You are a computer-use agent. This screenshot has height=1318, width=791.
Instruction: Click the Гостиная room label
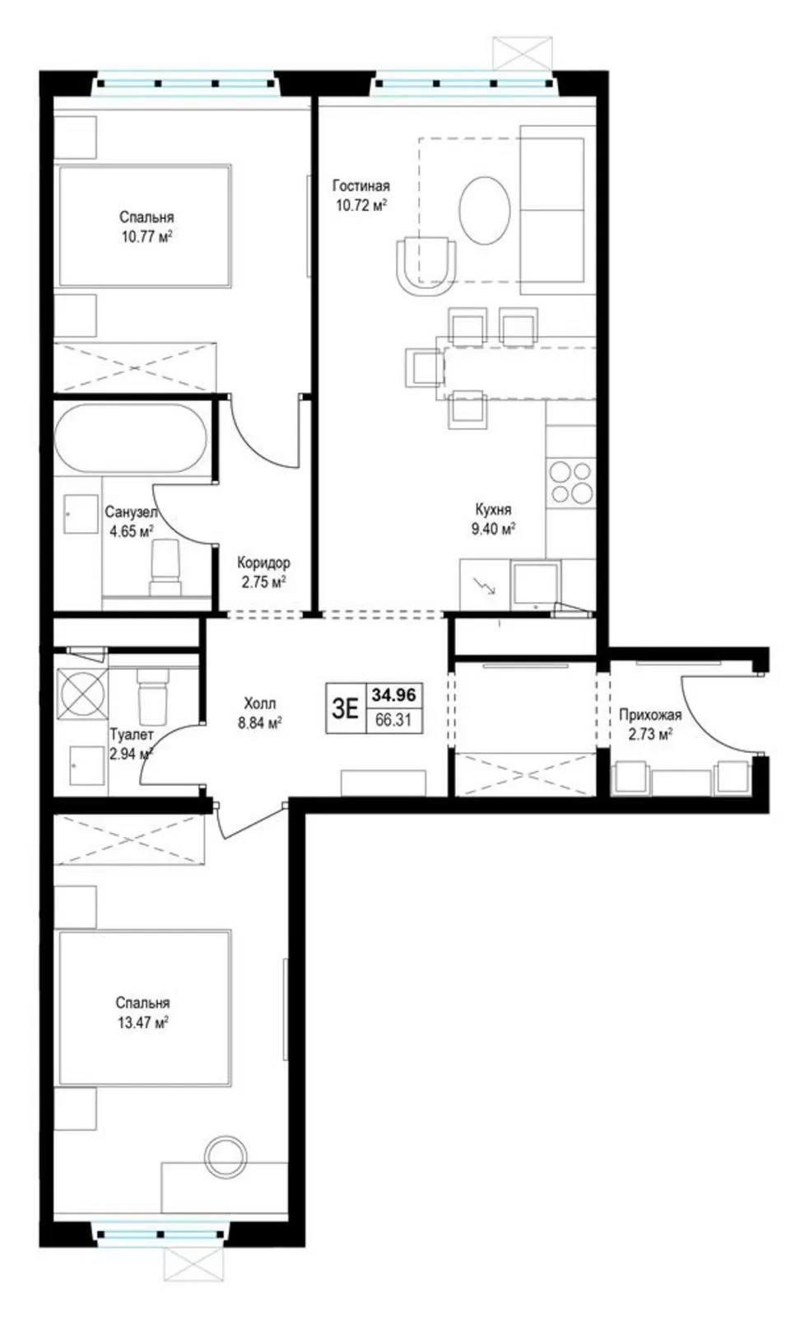[361, 186]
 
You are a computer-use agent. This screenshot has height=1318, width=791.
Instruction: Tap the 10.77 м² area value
[147, 236]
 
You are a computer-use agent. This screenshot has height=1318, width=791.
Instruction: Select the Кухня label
[493, 509]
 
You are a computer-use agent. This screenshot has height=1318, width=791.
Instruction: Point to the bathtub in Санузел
[131, 437]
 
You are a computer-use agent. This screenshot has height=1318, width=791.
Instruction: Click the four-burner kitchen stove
[570, 483]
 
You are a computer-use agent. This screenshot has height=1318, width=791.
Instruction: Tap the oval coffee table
[484, 210]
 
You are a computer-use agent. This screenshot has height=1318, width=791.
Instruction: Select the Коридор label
[263, 563]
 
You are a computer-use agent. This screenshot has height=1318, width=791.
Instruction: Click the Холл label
[259, 703]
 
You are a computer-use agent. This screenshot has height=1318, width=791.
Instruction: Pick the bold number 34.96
[393, 695]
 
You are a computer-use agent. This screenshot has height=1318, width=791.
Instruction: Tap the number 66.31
[393, 719]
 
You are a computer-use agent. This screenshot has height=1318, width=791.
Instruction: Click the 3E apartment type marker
[345, 708]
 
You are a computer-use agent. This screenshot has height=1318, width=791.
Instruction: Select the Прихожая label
[650, 715]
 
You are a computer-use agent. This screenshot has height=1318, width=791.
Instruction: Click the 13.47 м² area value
[143, 1022]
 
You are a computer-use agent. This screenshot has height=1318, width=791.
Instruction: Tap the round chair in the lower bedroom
[226, 1157]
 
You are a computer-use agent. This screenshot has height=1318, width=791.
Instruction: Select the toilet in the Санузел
[165, 568]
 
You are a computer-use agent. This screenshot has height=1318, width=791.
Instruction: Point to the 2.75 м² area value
[263, 582]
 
